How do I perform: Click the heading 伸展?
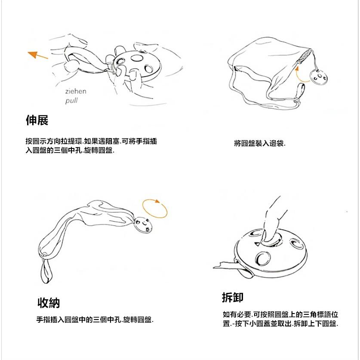tap(37, 120)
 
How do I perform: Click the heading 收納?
tap(49, 303)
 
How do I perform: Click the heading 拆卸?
tap(233, 297)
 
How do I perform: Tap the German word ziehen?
tap(76, 91)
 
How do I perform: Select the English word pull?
tap(71, 101)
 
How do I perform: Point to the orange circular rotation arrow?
tap(155, 209)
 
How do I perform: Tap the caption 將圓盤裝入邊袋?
tap(260, 143)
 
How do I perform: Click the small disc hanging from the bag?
tap(320, 78)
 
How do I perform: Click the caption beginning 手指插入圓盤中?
tap(95, 320)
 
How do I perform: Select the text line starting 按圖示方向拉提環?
tap(91, 141)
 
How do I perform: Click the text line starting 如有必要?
tap(280, 315)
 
